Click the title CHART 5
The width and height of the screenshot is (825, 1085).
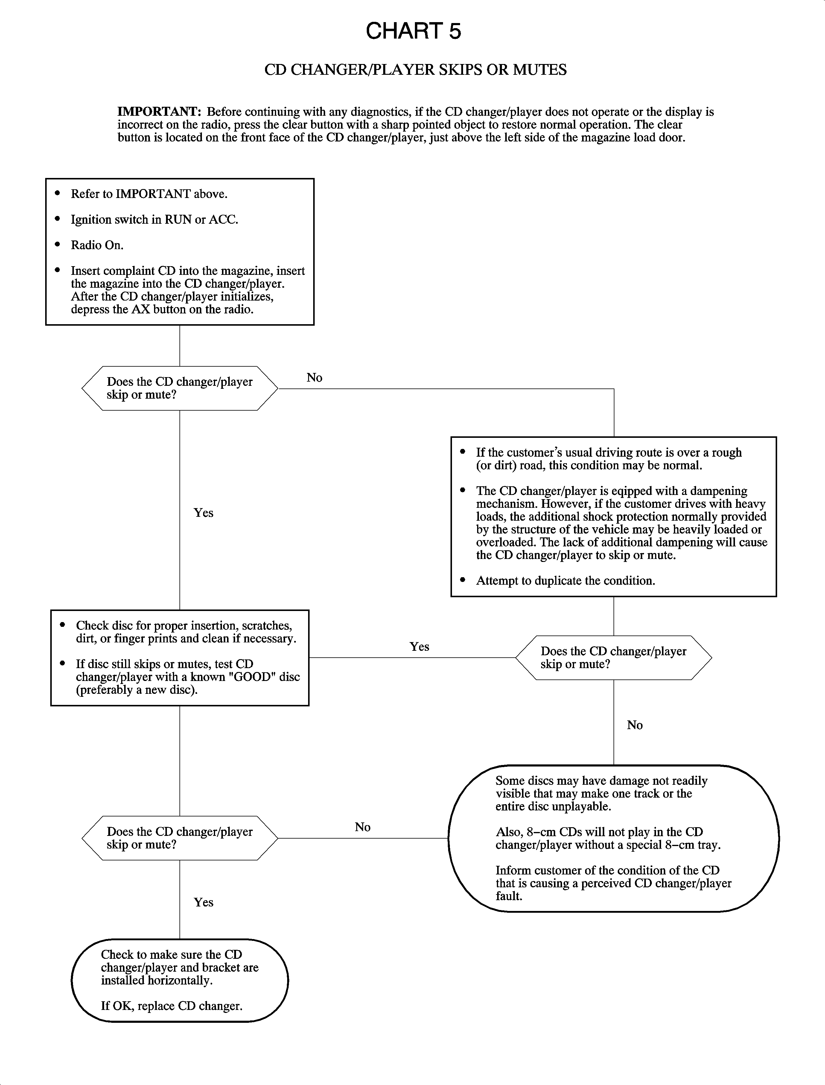tap(413, 31)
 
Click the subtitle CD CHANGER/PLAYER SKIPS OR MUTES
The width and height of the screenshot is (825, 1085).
tap(415, 70)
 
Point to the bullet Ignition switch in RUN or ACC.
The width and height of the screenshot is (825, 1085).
tap(154, 220)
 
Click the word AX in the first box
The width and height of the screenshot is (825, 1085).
tap(141, 309)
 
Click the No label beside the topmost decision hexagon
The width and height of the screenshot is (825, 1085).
tap(314, 377)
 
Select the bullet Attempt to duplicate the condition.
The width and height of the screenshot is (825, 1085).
tap(565, 581)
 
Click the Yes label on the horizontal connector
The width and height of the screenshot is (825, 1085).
tap(419, 647)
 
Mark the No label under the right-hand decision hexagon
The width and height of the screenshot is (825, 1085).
tap(634, 725)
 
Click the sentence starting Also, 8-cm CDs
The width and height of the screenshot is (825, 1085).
tap(608, 838)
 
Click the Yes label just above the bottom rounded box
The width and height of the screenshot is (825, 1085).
tap(203, 902)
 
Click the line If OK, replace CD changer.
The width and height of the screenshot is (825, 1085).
tap(171, 1006)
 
